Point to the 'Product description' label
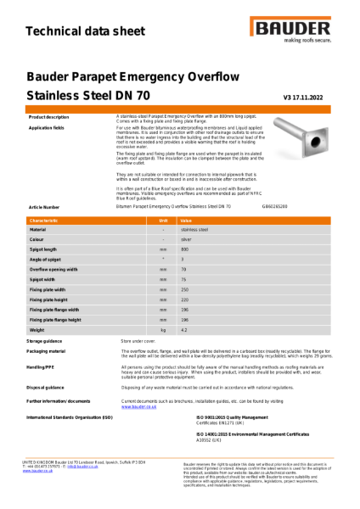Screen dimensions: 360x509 [49, 116]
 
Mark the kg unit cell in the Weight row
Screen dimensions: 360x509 [163, 329]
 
